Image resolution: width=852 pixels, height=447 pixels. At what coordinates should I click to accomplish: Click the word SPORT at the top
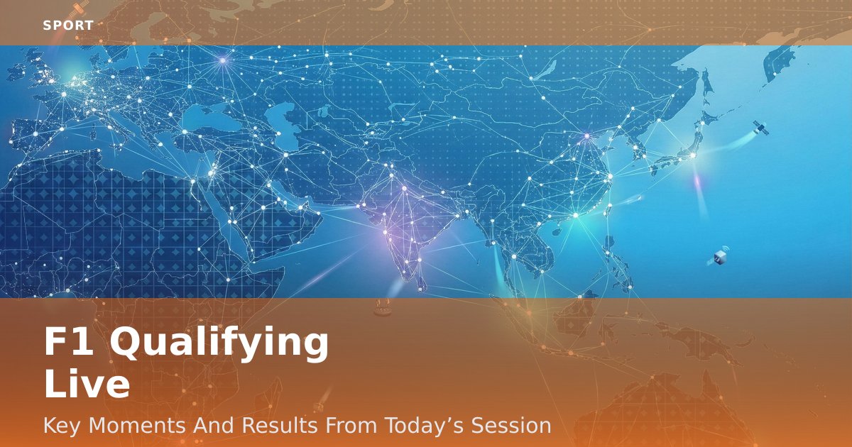(x=68, y=26)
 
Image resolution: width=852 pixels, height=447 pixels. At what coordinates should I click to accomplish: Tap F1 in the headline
(x=69, y=341)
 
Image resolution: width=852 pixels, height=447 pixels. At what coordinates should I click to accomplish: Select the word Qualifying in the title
(x=219, y=345)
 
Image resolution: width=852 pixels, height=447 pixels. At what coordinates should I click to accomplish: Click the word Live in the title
(x=87, y=385)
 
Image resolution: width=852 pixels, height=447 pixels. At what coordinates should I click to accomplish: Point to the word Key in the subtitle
(x=62, y=426)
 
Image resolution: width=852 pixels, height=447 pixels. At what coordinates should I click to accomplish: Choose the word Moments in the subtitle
(x=137, y=425)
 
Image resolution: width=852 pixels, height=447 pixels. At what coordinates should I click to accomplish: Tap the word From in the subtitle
(x=351, y=425)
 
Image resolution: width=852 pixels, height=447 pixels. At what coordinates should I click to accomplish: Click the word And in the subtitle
(x=214, y=425)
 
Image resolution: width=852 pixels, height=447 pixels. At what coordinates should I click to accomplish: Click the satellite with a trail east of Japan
(x=760, y=128)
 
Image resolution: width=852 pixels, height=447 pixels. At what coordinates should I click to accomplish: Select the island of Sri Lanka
(x=421, y=282)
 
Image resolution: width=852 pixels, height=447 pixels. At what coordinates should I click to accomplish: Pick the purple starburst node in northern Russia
(x=223, y=60)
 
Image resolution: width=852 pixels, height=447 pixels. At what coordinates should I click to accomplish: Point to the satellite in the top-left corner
(x=79, y=9)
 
